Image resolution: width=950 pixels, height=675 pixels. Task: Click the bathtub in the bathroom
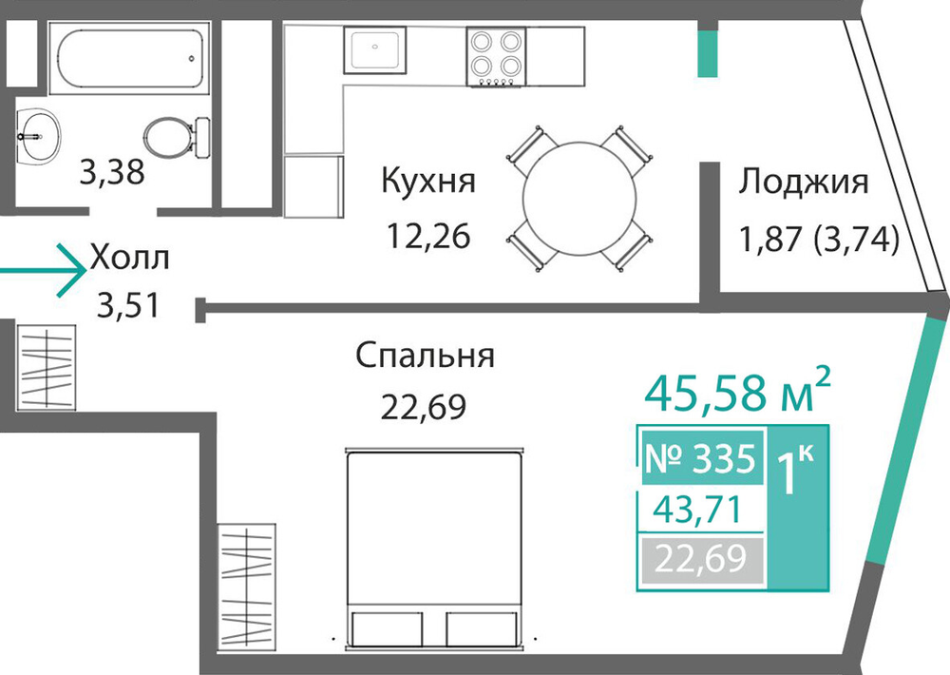[129, 58]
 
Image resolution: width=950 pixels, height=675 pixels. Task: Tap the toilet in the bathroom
[177, 138]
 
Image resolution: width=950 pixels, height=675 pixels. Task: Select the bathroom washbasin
[37, 136]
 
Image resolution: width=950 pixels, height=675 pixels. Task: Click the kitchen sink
[374, 49]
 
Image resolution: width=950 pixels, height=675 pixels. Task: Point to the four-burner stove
[496, 56]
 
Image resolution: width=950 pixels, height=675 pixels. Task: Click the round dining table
[579, 199]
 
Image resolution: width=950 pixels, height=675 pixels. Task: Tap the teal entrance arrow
[43, 271]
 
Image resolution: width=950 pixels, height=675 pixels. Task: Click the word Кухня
[428, 181]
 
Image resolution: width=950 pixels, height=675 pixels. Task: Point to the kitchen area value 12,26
[428, 236]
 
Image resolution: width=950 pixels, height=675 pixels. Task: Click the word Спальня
[425, 356]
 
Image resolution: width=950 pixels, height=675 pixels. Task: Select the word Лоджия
[803, 182]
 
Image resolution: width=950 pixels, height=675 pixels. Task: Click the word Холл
[129, 257]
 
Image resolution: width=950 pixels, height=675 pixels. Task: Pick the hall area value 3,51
[128, 305]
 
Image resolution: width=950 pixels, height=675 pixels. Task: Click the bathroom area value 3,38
[112, 172]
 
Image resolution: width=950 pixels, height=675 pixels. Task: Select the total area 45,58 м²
[737, 391]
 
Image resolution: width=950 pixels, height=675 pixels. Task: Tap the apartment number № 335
[701, 458]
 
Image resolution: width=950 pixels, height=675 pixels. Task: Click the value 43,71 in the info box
[696, 510]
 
